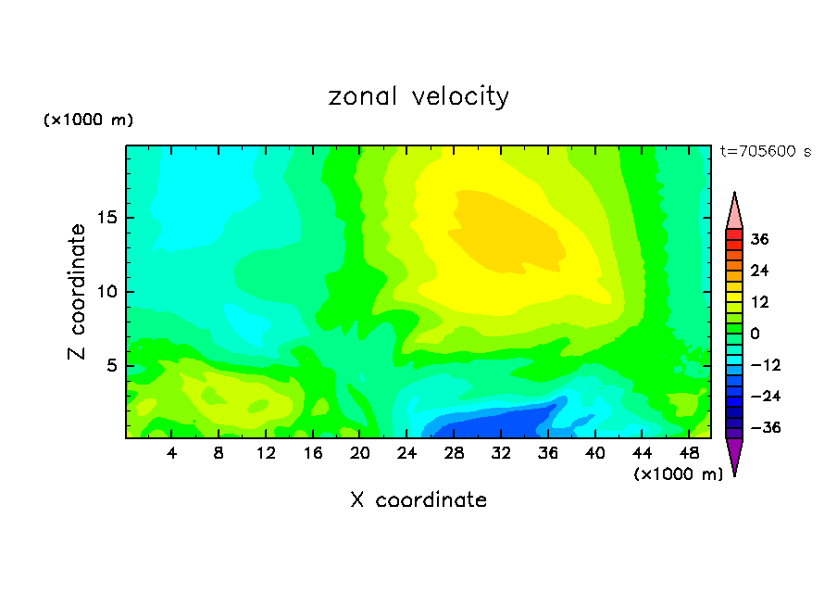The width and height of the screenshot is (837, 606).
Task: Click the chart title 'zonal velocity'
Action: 418,96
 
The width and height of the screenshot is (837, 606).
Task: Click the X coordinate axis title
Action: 418,500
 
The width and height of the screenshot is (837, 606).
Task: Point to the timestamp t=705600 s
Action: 765,152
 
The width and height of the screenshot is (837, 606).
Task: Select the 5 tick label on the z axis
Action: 113,365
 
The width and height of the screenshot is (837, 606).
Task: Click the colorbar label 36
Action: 759,239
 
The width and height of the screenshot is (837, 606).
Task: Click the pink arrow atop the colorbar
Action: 734,211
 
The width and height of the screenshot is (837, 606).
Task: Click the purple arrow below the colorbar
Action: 734,456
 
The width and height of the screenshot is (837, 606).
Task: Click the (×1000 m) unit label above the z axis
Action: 88,120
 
